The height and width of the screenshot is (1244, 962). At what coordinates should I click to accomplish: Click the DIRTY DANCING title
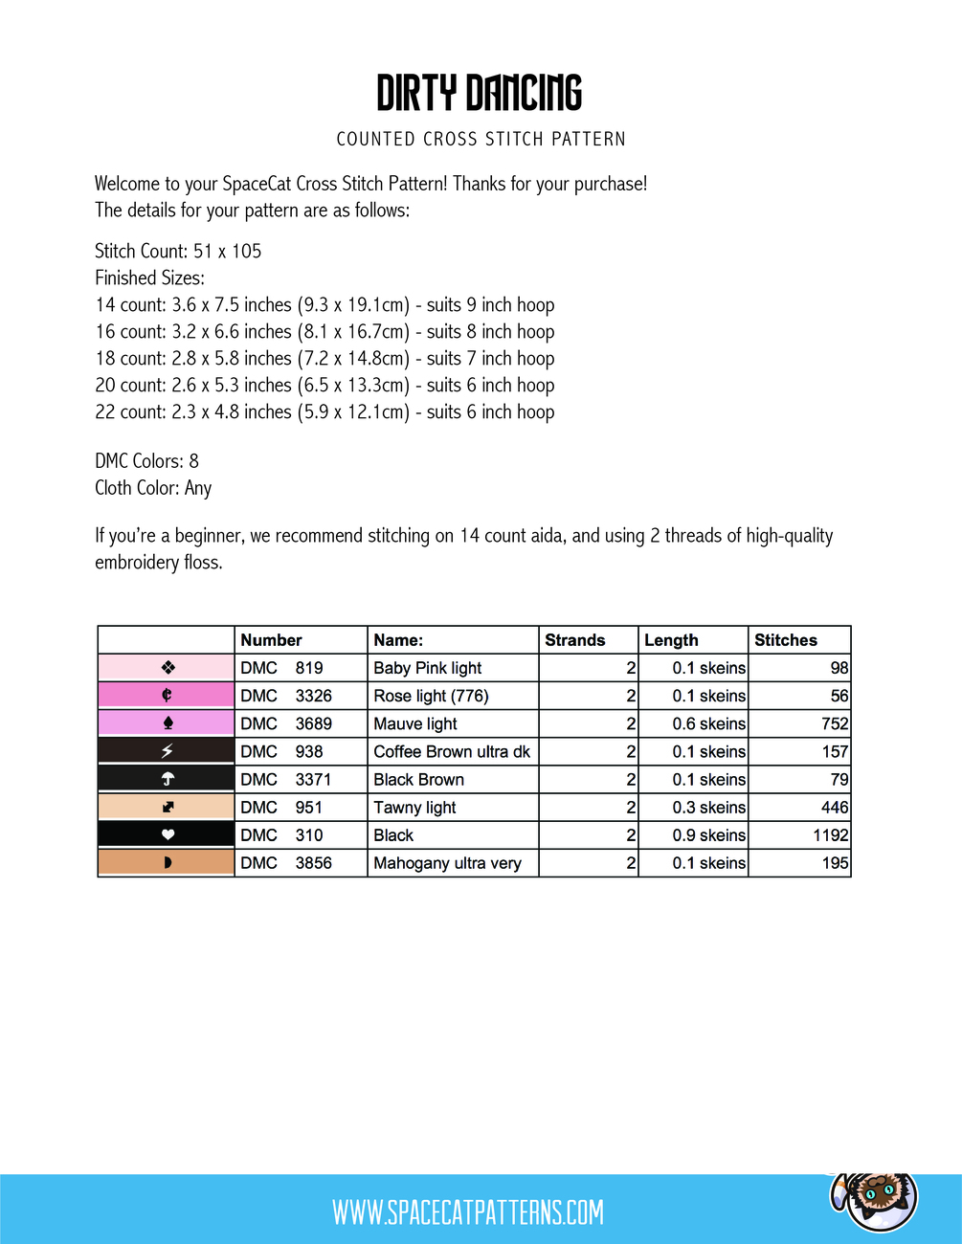coord(480,93)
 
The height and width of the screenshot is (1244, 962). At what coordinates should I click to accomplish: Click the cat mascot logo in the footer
coord(874,1198)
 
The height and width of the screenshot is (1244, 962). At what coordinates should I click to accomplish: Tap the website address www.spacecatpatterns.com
coord(468,1212)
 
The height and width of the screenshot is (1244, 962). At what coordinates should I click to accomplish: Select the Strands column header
coord(575,640)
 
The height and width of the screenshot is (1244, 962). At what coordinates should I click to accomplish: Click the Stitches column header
coord(786,640)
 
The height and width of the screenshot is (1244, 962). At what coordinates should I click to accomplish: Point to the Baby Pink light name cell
coord(428,668)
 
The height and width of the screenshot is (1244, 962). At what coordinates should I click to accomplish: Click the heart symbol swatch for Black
coord(168,835)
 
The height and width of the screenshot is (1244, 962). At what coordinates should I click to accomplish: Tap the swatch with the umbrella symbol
coord(168,779)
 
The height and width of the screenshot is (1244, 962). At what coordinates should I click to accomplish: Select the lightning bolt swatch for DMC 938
coord(168,751)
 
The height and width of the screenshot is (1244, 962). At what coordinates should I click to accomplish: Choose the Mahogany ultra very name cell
coord(447,863)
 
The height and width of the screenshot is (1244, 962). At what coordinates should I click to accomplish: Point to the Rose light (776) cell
coord(431,696)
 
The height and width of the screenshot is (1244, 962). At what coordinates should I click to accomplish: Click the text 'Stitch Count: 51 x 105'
coord(178,252)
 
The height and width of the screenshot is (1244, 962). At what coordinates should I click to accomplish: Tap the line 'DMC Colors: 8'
coord(146,461)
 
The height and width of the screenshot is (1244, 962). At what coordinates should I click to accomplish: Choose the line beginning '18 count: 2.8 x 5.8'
coord(324,359)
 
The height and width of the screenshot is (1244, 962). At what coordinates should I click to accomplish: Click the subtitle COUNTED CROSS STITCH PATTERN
coord(481,140)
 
